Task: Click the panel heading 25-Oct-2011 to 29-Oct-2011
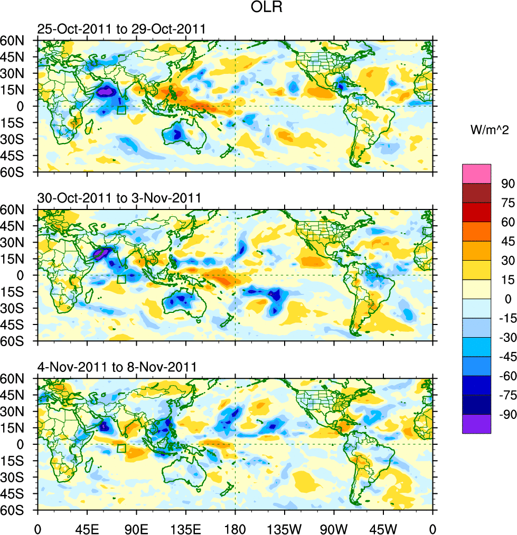point(121,30)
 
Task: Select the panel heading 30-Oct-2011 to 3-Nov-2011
point(119,198)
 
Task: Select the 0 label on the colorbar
point(507,299)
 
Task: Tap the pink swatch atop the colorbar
point(476,174)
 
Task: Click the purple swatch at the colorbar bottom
point(476,424)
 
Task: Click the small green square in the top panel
point(121,110)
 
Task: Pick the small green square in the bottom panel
point(121,448)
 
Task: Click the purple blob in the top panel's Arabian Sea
point(106,91)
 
